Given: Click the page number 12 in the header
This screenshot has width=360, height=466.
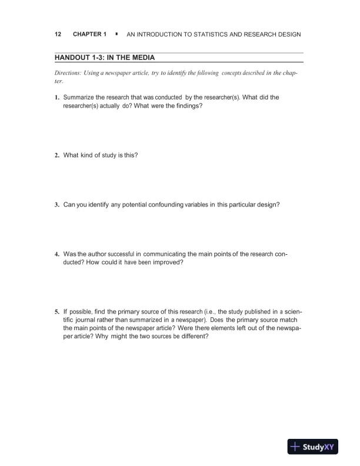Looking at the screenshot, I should [x=58, y=34].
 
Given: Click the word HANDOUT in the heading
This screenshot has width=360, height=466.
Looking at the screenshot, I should [x=74, y=58].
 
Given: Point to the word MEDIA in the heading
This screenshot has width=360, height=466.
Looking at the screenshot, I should [x=141, y=58].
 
